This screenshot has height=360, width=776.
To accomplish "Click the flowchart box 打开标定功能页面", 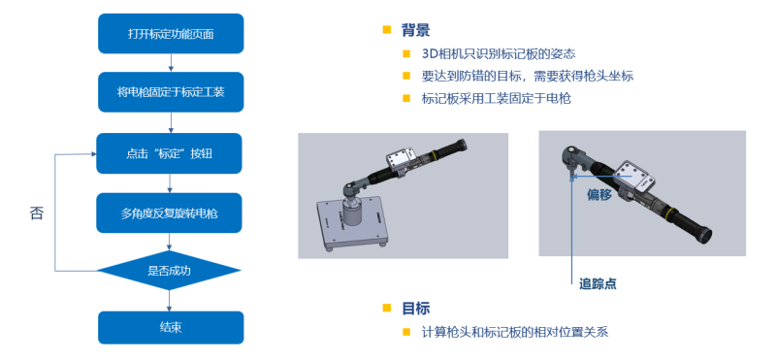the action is [x=171, y=33].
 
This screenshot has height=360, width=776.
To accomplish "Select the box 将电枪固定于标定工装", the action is [x=171, y=92].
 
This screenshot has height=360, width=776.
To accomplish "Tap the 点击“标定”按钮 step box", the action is [x=169, y=153].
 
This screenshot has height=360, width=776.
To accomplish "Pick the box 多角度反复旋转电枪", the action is [x=169, y=213].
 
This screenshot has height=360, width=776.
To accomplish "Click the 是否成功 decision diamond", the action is [x=169, y=271].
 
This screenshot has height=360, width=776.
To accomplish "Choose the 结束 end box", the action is [x=171, y=327].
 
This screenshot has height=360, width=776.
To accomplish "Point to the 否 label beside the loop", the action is [x=37, y=213].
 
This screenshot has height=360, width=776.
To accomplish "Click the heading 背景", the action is [x=415, y=30].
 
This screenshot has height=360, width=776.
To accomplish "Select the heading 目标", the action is [x=415, y=308].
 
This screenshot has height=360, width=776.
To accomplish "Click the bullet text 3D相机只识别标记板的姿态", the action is [x=499, y=53].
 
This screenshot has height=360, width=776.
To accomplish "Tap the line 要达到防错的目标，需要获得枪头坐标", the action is [x=528, y=76].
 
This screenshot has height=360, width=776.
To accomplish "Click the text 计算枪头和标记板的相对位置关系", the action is [x=515, y=331].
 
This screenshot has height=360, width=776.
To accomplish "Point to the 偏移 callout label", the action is [x=599, y=195].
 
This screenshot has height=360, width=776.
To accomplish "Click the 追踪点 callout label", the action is [x=598, y=284].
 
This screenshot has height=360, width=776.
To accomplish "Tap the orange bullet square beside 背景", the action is [x=387, y=30].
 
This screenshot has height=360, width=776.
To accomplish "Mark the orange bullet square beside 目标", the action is [x=387, y=308].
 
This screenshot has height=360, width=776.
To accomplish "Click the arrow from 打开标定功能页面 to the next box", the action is [x=171, y=63].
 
